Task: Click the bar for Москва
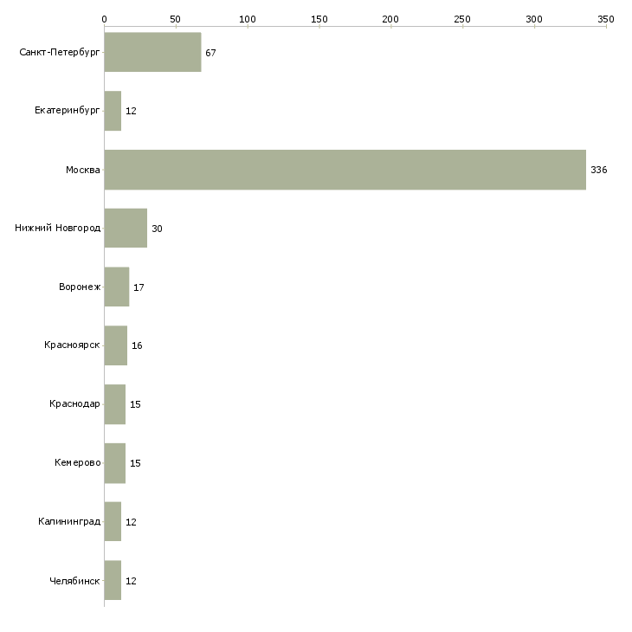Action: click(345, 170)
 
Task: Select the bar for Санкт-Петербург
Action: click(152, 52)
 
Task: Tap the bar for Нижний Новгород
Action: click(126, 229)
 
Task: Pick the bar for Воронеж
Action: click(117, 287)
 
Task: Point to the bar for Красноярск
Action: click(116, 345)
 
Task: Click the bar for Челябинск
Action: click(113, 580)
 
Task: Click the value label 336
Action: click(598, 170)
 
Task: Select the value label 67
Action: click(210, 53)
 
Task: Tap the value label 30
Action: click(157, 229)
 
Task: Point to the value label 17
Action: click(139, 287)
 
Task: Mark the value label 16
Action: click(137, 345)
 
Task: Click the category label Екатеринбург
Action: click(67, 111)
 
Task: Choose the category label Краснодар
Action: click(74, 403)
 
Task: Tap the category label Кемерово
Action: click(77, 462)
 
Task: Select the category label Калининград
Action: click(69, 521)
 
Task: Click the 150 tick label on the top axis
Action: click(319, 19)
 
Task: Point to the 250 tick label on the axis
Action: click(462, 19)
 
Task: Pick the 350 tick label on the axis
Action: click(606, 19)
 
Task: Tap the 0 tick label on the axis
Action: click(105, 19)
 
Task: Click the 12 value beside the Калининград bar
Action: click(131, 522)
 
